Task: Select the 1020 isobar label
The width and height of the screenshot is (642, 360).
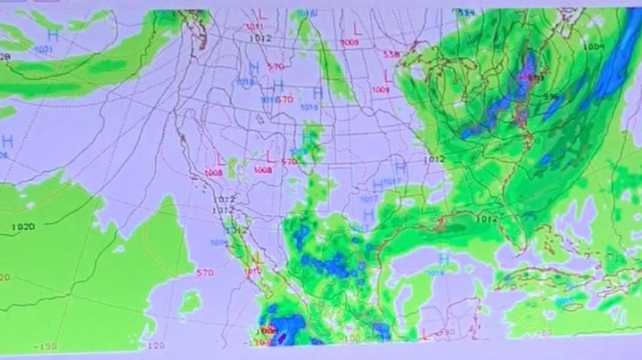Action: coord(23,227)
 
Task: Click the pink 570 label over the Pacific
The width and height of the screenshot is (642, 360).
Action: coord(204,272)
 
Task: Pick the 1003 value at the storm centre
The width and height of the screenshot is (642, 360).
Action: coord(533,78)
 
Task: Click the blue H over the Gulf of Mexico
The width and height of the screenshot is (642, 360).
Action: coord(443,259)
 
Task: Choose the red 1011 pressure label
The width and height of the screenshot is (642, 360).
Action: coord(253,28)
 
